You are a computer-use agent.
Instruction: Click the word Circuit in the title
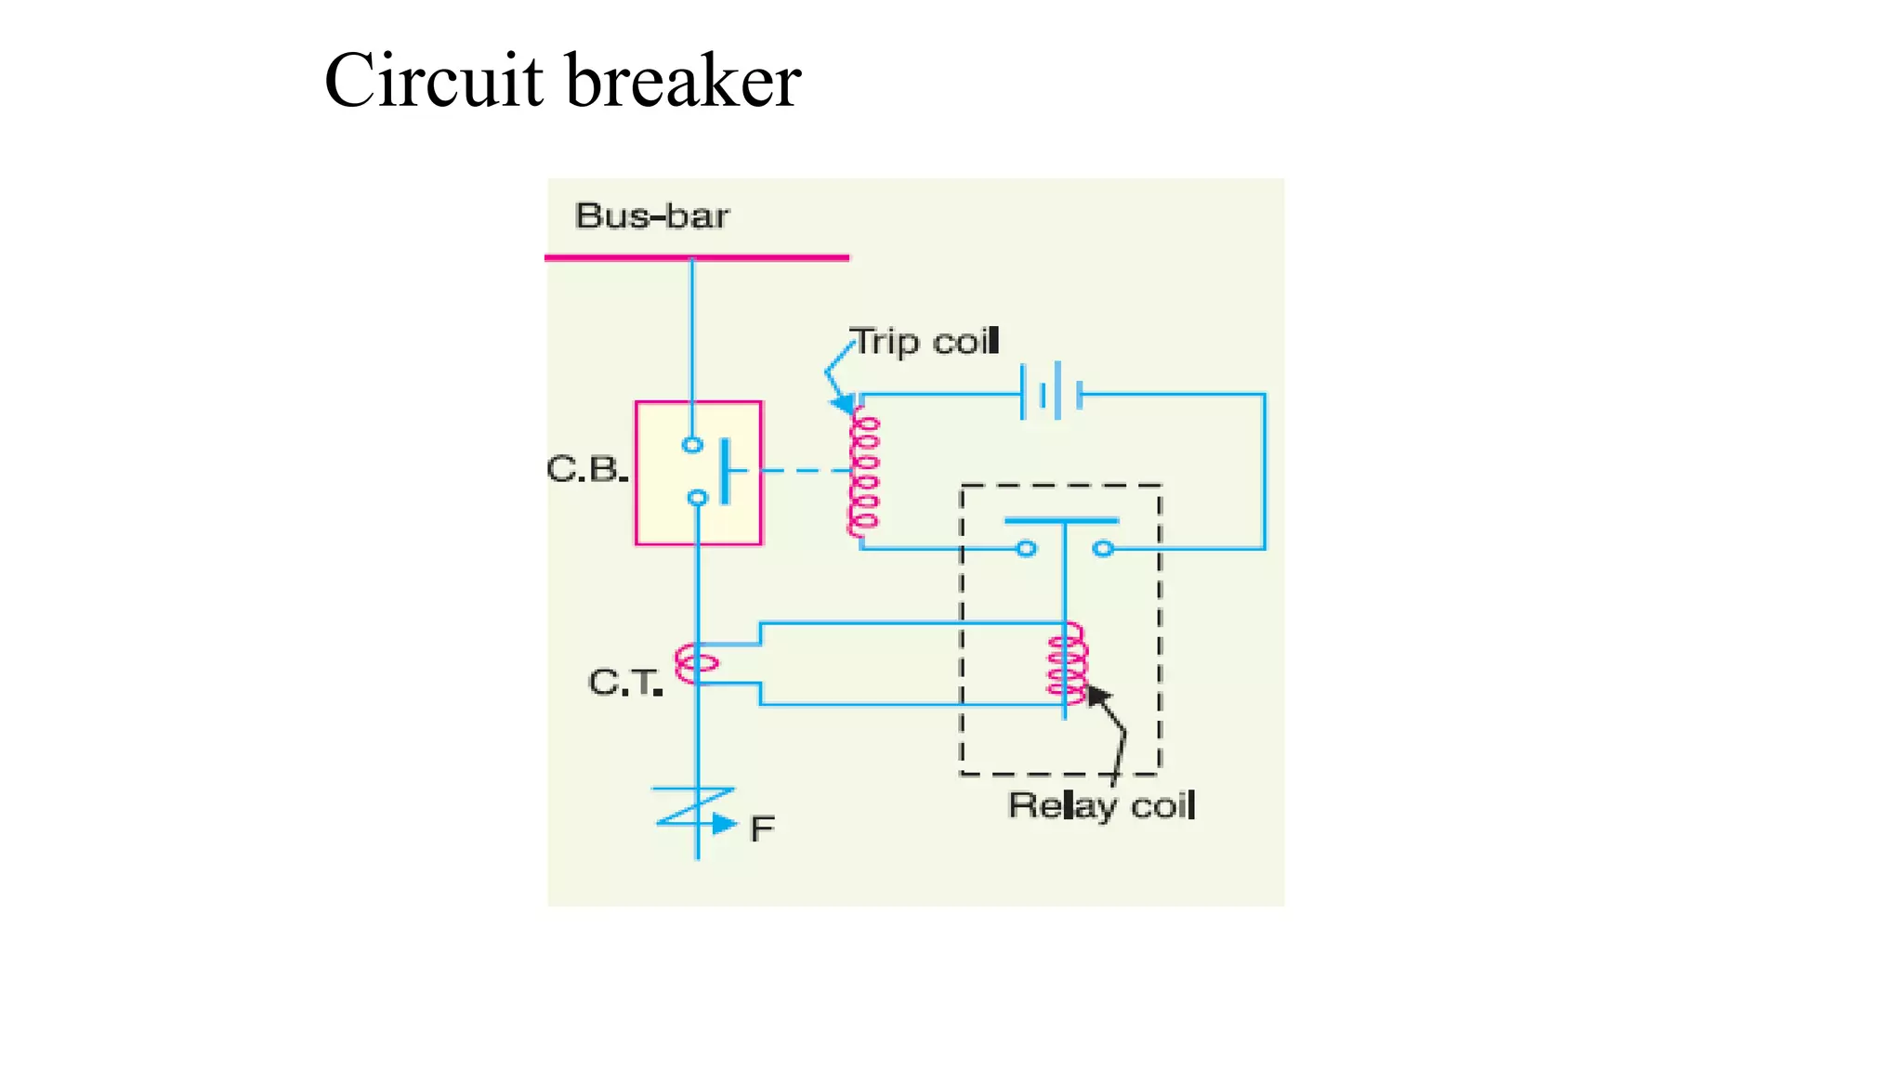point(433,82)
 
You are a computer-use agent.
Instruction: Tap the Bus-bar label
point(652,216)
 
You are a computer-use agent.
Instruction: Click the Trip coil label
point(925,342)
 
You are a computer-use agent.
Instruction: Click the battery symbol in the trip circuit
point(1052,394)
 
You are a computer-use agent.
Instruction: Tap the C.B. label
point(585,469)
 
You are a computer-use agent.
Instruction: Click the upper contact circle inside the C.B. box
point(692,445)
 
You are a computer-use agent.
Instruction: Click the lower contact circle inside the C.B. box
point(697,499)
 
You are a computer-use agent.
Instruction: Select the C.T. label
point(624,683)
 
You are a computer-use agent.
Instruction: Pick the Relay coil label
point(1101,805)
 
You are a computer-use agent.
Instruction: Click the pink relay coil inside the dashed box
point(1067,664)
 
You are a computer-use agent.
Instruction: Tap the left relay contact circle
point(1026,549)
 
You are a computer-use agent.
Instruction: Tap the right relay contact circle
point(1103,549)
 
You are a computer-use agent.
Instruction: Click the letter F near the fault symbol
point(762,829)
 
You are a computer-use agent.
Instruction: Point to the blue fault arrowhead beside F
point(724,824)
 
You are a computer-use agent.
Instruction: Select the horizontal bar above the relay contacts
point(1061,521)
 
